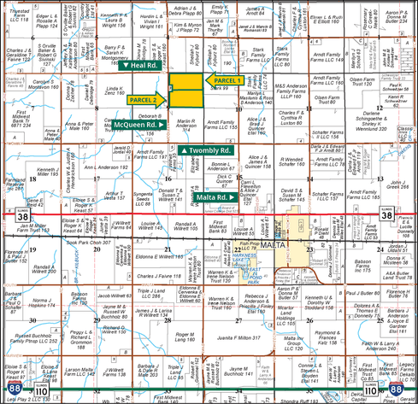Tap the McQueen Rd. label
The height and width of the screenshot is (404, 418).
pyautogui.click(x=137, y=125)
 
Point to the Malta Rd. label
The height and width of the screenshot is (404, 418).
pyautogui.click(x=214, y=197)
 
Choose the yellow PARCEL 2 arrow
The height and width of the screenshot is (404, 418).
pyautogui.click(x=148, y=100)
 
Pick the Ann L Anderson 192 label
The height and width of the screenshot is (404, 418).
pyautogui.click(x=112, y=167)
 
